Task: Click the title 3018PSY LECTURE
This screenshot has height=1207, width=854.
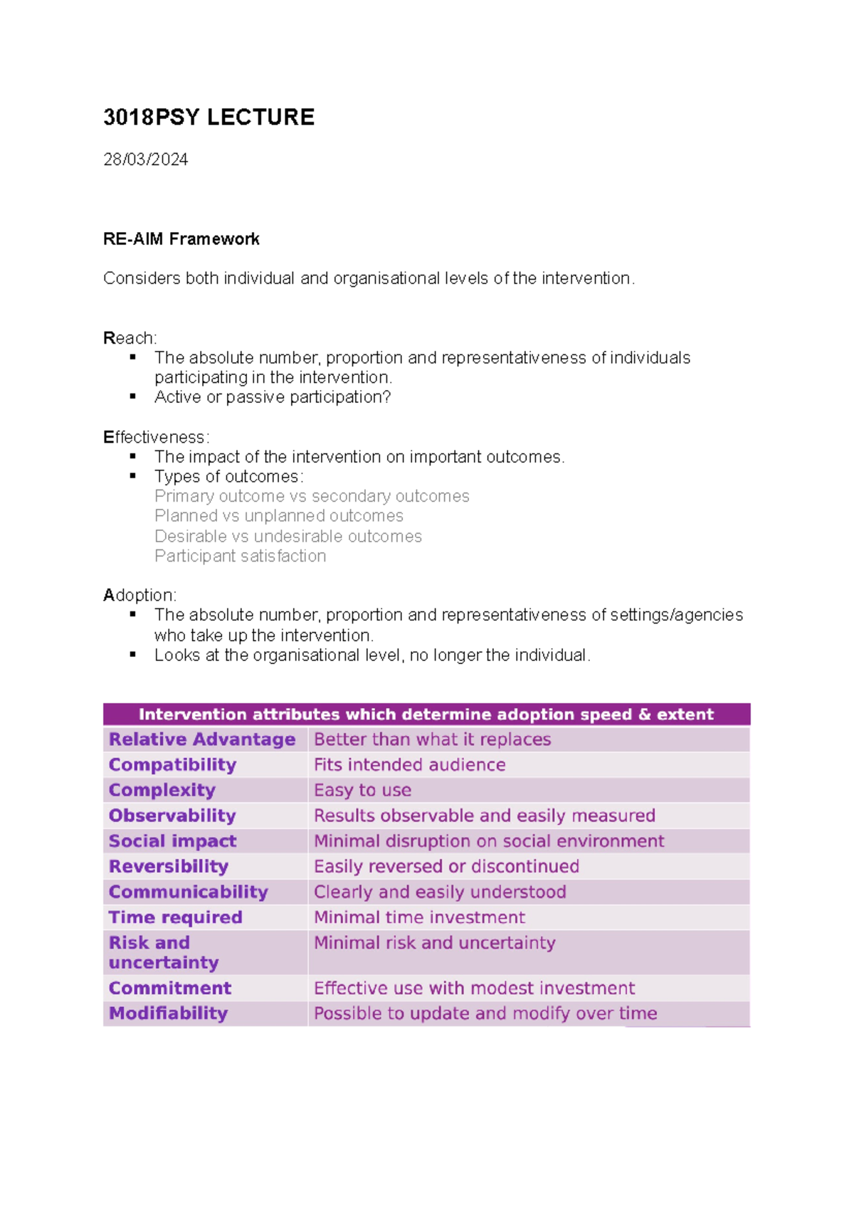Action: point(209,117)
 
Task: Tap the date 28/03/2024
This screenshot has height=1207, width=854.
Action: point(145,159)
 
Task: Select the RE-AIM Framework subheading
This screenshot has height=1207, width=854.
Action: point(181,239)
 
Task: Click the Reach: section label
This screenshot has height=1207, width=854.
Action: point(130,338)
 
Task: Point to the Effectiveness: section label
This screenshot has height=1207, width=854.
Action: point(156,437)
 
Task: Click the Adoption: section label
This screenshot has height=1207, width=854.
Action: point(139,595)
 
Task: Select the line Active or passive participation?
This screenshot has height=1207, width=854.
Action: point(273,397)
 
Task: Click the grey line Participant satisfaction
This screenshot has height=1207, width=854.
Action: point(240,556)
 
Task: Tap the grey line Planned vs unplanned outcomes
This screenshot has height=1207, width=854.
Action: point(278,516)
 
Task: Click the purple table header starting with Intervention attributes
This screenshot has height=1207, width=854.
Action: point(426,715)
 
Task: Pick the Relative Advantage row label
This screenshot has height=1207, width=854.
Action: point(201,739)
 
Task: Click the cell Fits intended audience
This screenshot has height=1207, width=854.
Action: point(409,765)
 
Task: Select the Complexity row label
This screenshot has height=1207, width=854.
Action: point(162,791)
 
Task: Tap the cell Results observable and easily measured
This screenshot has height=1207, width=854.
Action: point(484,816)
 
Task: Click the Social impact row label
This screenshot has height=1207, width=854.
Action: point(172,841)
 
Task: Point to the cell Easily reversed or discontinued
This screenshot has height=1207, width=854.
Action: point(446,867)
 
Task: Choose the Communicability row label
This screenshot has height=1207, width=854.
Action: point(188,892)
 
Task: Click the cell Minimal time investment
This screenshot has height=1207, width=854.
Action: point(419,917)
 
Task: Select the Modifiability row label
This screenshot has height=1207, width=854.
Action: point(168,1013)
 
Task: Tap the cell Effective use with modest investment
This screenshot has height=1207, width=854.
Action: point(474,989)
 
